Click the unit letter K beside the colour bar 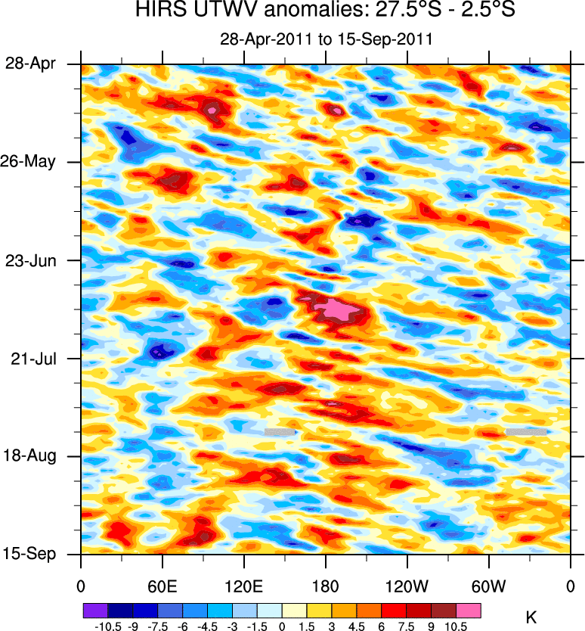click(531, 618)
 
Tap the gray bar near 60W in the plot click(525, 431)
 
